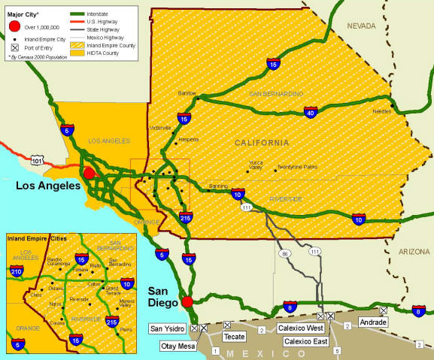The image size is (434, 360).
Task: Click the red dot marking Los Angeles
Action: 89,173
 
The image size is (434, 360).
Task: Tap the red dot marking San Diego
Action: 187,302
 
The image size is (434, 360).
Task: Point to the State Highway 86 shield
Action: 284,255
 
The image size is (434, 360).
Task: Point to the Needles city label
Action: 382,110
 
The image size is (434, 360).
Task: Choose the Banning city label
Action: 217,185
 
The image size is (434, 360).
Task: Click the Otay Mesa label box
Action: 180,346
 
